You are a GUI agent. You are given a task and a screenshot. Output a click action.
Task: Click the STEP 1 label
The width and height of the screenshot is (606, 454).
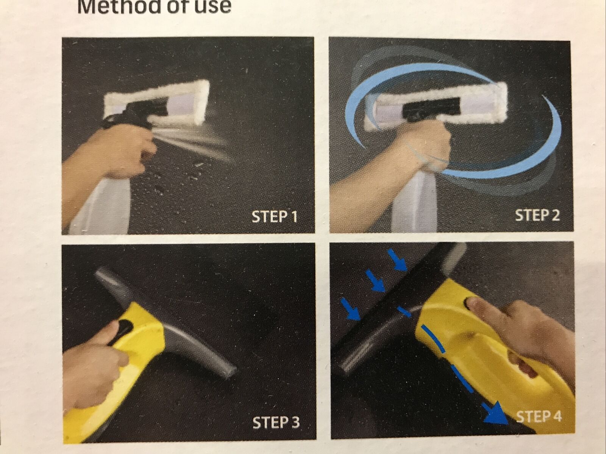coord(275,217)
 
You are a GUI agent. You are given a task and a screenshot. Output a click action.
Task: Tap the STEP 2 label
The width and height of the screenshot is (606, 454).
coord(537,215)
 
